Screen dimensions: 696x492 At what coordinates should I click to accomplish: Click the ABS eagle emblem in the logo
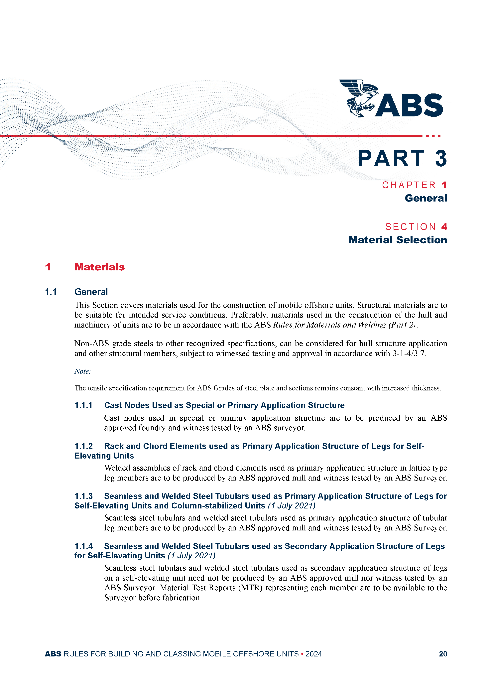358,98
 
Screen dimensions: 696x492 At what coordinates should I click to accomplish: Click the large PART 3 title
402,159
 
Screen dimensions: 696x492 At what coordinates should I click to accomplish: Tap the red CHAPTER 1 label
414,185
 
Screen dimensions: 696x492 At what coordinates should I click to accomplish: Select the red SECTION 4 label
416,227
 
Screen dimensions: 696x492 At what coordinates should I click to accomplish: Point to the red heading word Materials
99,267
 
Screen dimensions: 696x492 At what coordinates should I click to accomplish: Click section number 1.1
51,292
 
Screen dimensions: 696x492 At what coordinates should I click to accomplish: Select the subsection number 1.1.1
83,405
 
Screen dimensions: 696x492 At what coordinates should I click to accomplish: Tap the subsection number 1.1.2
83,446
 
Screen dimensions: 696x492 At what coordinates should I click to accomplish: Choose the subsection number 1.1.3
83,496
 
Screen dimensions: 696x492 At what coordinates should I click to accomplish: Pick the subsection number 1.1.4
83,546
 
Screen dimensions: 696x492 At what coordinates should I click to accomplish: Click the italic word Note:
82,371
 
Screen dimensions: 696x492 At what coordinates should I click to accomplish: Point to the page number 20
443,654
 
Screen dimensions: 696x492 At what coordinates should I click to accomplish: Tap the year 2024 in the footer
313,654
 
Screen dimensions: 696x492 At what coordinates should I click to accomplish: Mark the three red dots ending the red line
433,136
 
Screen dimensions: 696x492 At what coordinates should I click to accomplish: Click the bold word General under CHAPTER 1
426,198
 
